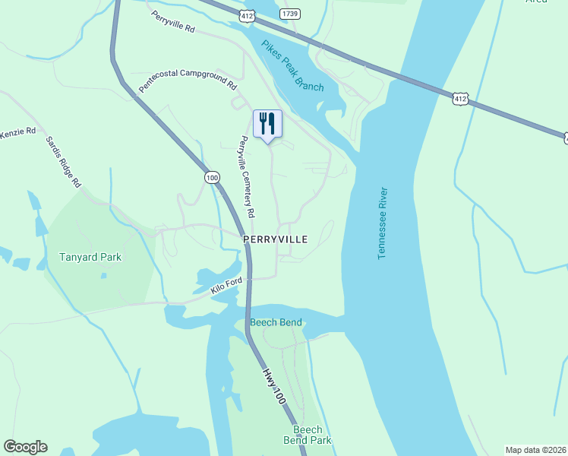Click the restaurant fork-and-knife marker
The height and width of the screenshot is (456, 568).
coord(267,123)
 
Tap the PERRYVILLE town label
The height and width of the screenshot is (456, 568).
coord(276,239)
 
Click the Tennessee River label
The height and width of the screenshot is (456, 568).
coord(382,223)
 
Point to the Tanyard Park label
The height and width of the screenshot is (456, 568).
coord(90,257)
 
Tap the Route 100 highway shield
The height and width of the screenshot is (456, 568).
coord(212,177)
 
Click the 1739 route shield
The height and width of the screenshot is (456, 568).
coord(289,14)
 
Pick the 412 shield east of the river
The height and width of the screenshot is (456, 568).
coord(459,99)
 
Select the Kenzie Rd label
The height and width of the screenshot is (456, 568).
coord(18,131)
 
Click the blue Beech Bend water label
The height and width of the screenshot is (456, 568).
coord(276,322)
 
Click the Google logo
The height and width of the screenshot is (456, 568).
coord(25,447)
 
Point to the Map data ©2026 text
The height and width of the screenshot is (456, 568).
coord(535,450)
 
